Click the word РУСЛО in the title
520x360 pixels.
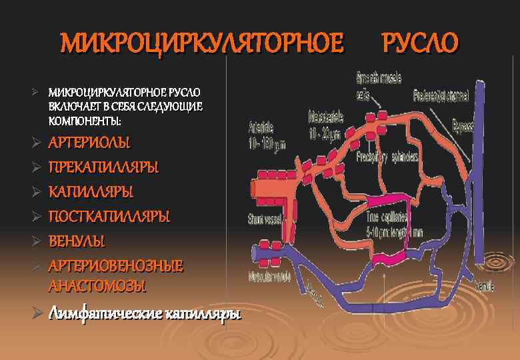pos(419,43)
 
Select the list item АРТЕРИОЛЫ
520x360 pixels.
pos(89,143)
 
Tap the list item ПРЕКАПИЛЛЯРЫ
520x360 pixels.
pos(103,167)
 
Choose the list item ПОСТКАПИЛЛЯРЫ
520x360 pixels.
pos(109,217)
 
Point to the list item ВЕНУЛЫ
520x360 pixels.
pos(77,241)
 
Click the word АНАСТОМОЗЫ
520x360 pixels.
pos(97,286)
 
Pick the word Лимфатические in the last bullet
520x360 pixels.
pos(100,313)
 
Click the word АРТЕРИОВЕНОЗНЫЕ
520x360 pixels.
pos(115,266)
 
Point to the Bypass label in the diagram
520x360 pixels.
pos(463,125)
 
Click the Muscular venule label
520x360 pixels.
pos(269,275)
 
